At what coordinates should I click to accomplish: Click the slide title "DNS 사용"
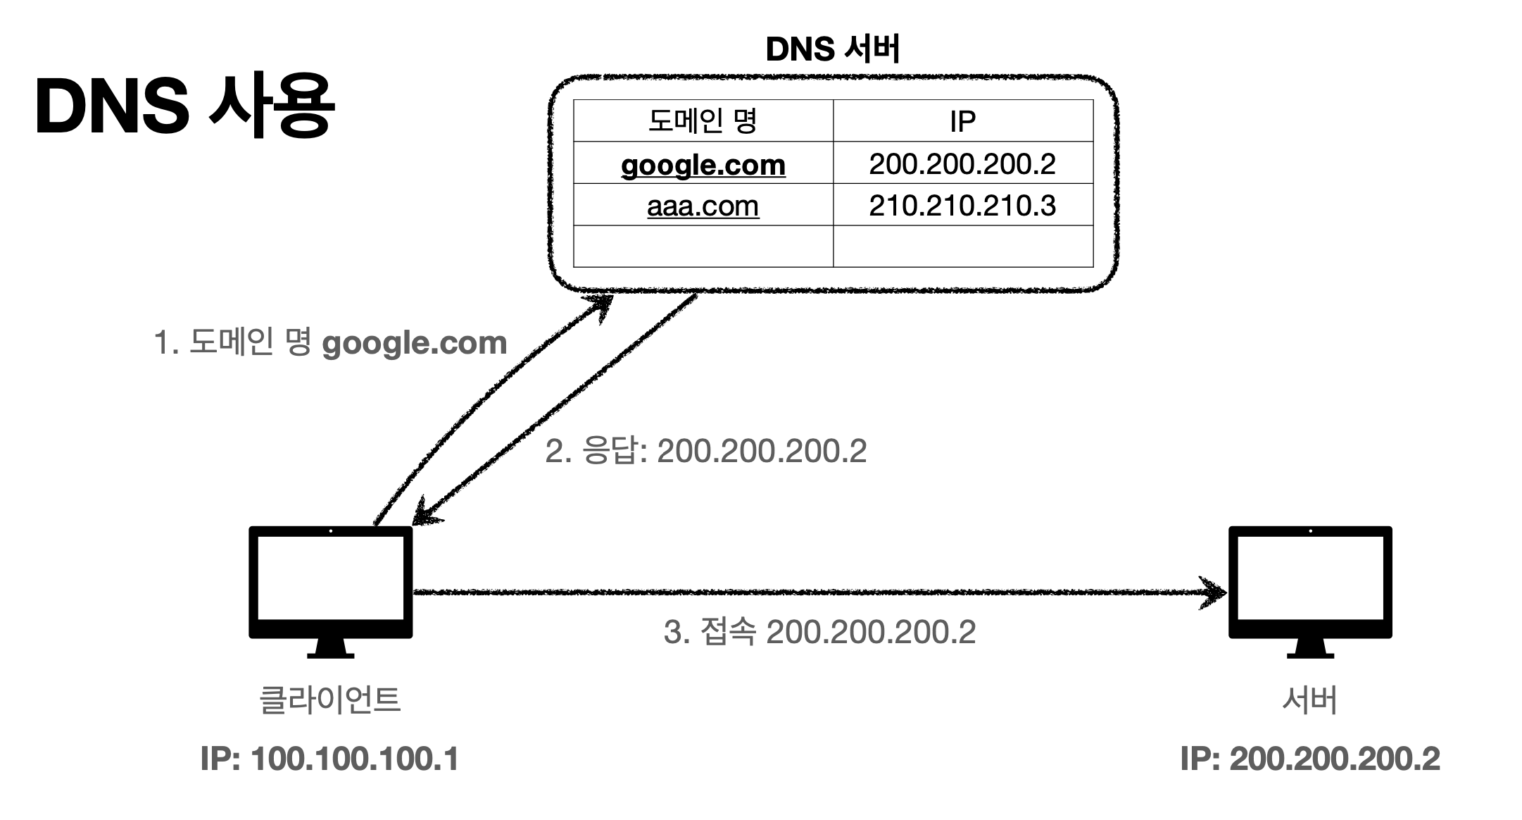[x=184, y=107]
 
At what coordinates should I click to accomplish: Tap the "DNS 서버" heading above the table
[x=832, y=49]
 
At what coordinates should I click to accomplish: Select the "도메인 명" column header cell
[x=703, y=121]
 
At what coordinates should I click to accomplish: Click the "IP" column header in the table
[x=962, y=121]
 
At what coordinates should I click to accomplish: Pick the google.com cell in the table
[x=703, y=164]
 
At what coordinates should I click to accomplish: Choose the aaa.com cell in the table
[x=703, y=206]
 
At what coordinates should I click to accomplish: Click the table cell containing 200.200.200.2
[x=962, y=164]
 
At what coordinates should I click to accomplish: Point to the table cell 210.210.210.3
[x=962, y=206]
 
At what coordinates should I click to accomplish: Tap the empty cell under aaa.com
[x=703, y=246]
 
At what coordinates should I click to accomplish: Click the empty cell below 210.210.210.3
[x=962, y=246]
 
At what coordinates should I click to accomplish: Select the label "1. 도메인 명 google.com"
[x=330, y=343]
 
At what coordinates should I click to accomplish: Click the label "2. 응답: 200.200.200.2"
[x=705, y=451]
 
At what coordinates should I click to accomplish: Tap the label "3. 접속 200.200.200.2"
[x=819, y=632]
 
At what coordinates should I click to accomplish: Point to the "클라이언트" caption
[x=330, y=700]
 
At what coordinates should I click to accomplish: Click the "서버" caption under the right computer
[x=1309, y=700]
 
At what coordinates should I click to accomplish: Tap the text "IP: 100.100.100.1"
[x=329, y=759]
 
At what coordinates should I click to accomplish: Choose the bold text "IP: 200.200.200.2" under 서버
[x=1309, y=759]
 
